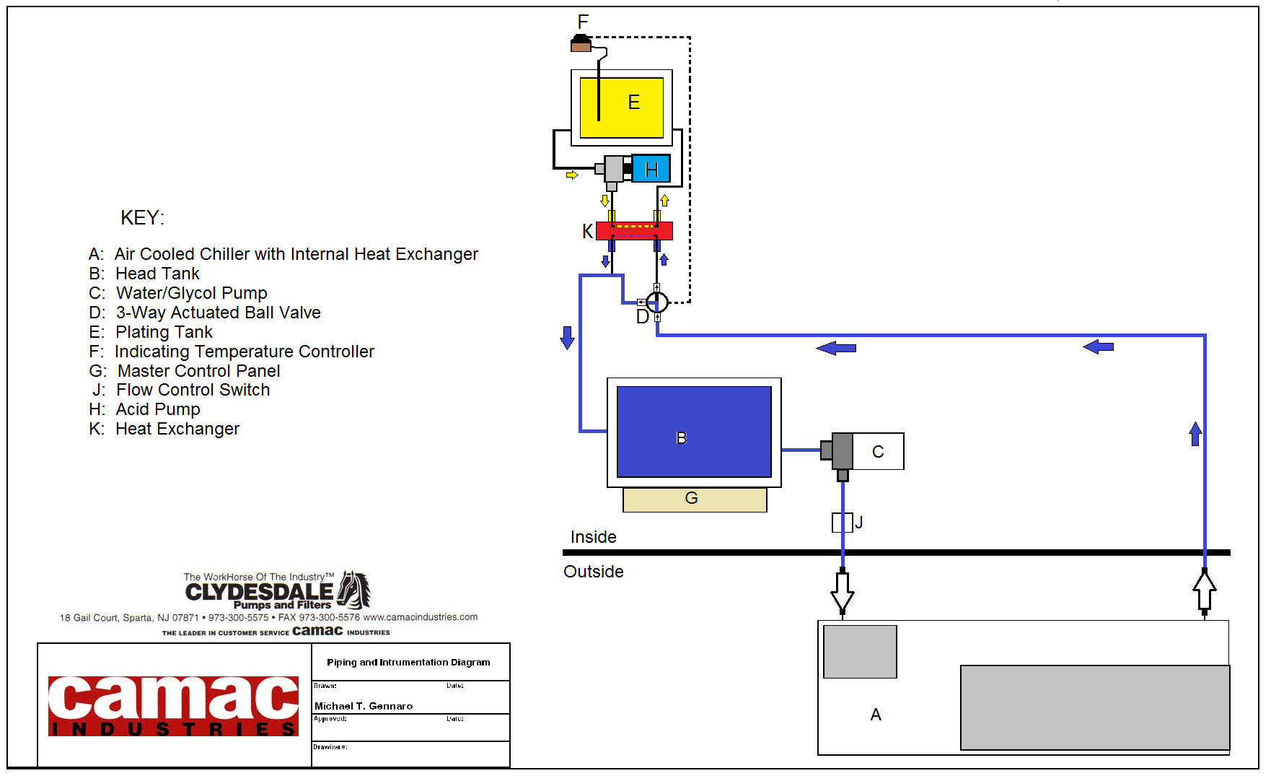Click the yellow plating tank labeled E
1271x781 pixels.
tap(621, 108)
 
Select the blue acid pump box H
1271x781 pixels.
tap(651, 168)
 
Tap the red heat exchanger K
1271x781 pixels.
tap(634, 231)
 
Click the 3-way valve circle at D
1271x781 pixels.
tap(656, 302)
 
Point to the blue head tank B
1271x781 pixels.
tap(694, 432)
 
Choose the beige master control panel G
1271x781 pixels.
tap(694, 499)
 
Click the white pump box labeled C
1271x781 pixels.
tap(878, 451)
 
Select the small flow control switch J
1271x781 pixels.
tap(842, 522)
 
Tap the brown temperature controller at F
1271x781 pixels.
tap(581, 45)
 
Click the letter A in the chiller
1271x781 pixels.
tap(876, 715)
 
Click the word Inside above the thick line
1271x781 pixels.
tap(593, 537)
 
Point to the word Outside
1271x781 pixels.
tap(593, 572)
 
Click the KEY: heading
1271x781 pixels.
tap(142, 218)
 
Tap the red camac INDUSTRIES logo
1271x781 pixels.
tap(173, 706)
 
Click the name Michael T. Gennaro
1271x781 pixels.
tap(364, 706)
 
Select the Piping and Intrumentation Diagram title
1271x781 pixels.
tap(408, 662)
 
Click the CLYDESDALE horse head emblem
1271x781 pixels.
tap(355, 589)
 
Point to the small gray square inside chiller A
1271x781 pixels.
tap(860, 652)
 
